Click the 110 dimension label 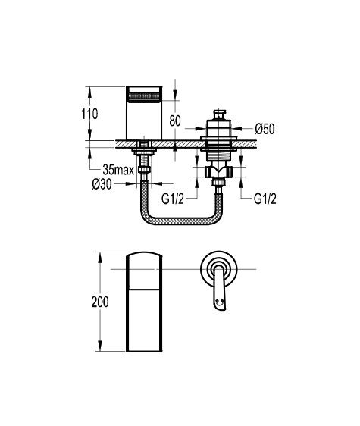coord(89,114)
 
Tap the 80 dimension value coord(175,121)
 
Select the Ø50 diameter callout coord(265,129)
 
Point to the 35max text coord(118,170)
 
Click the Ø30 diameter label coord(102,184)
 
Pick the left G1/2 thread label coord(173,199)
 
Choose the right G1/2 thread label coord(265,199)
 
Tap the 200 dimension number coord(100,302)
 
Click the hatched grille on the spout coord(144,97)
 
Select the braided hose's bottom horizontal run coord(181,221)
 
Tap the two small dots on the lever coord(220,301)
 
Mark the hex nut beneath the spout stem coord(144,169)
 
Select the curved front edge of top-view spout coord(144,253)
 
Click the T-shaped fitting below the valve coord(219,171)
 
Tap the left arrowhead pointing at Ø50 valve coord(201,128)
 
